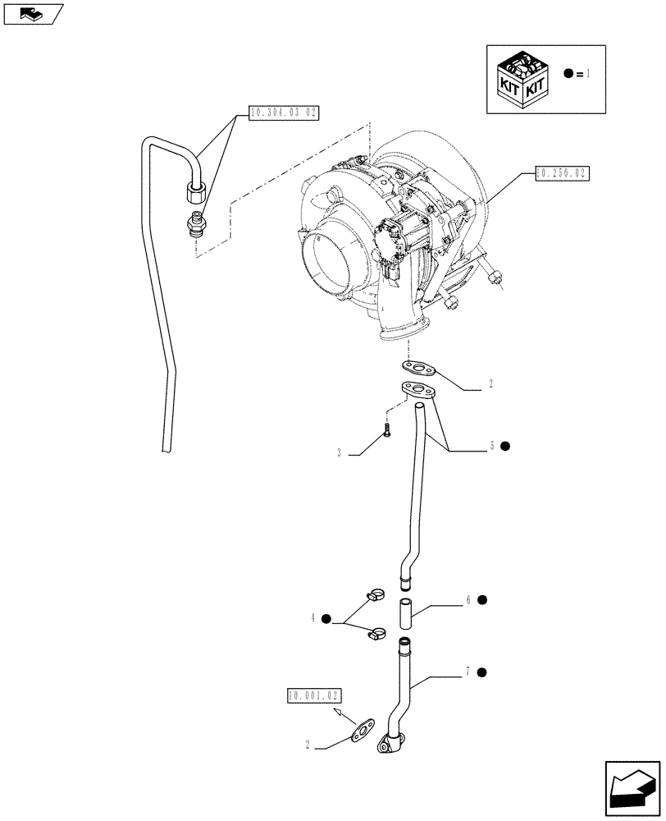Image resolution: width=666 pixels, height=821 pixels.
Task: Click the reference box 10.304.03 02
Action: [281, 114]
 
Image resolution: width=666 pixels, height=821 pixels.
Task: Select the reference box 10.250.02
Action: [562, 173]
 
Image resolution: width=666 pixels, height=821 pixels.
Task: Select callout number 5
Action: [491, 446]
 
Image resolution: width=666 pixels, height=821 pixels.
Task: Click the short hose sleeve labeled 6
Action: [405, 613]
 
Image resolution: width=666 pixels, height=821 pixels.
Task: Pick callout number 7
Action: [468, 672]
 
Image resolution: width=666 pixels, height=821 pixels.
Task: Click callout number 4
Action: [312, 618]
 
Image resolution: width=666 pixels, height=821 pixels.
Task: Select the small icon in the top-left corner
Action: [33, 13]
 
